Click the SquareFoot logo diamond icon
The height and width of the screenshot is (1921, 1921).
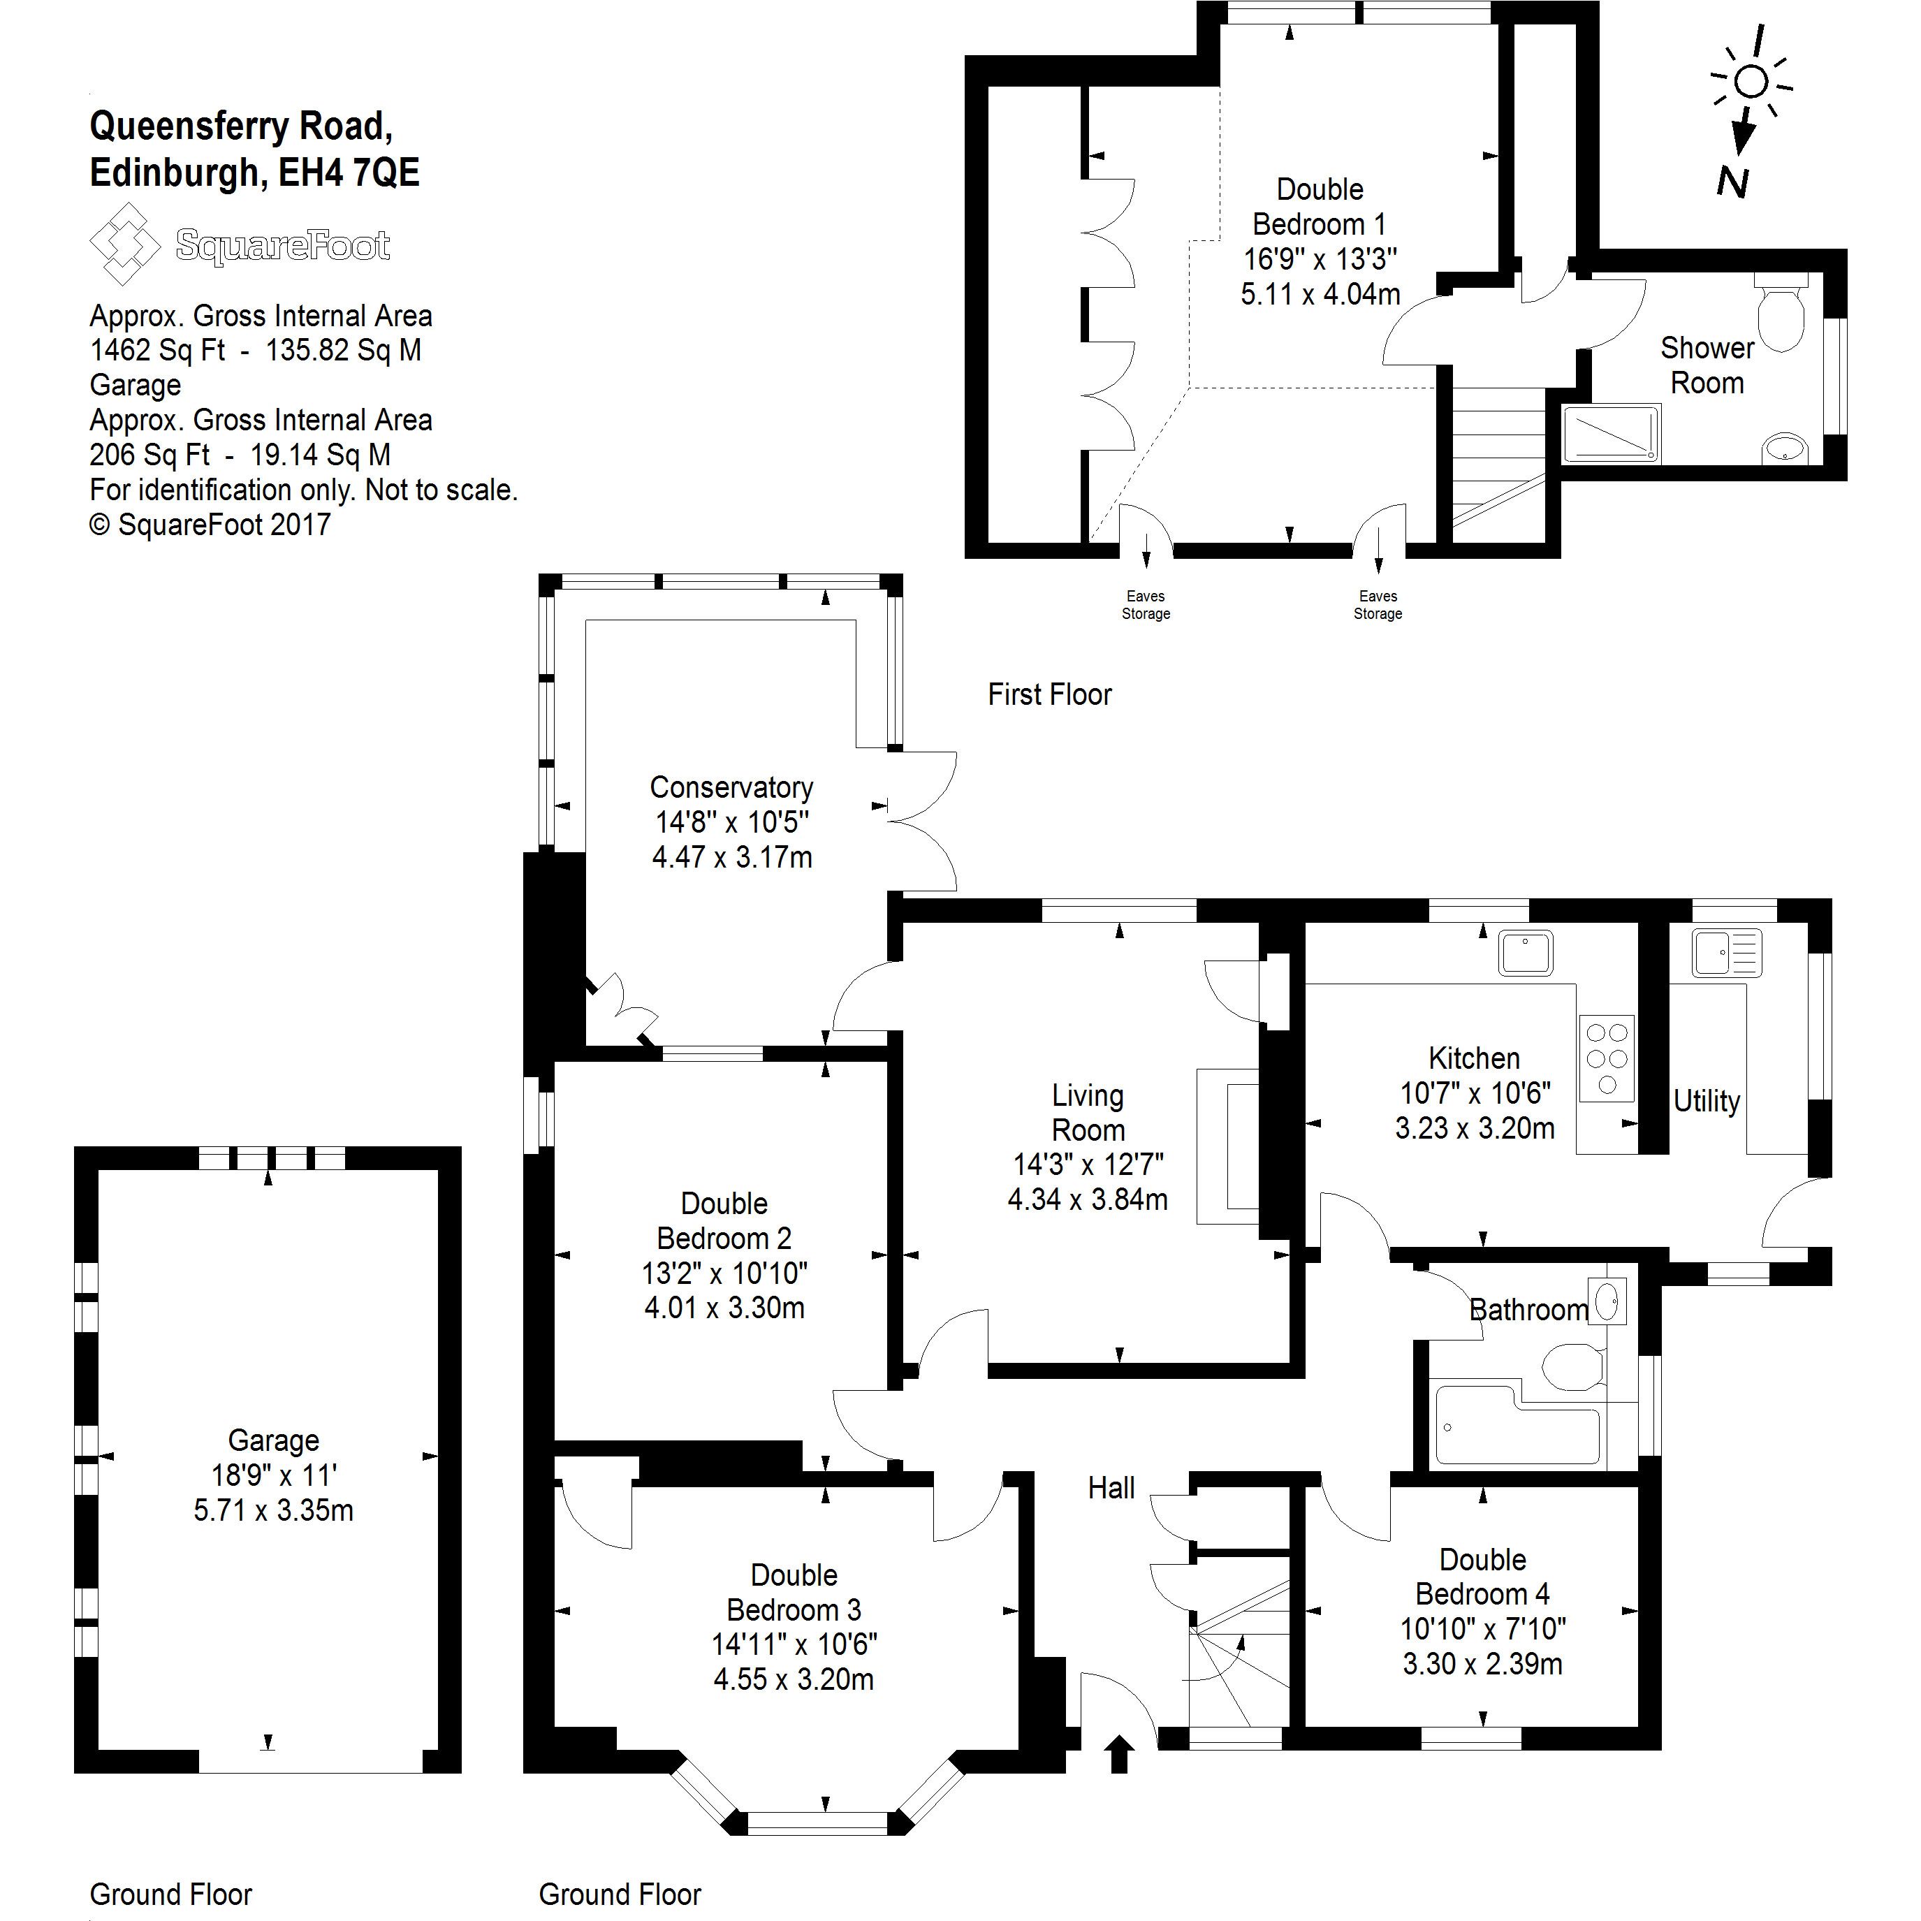pyautogui.click(x=124, y=244)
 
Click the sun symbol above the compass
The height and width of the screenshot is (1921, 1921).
pyautogui.click(x=1753, y=82)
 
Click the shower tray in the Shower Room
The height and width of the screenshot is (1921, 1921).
pyautogui.click(x=1611, y=434)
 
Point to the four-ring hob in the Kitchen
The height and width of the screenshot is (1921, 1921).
pyautogui.click(x=1607, y=1057)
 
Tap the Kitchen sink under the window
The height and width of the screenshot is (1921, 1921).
pyautogui.click(x=1526, y=953)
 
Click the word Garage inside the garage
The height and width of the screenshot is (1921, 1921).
pyautogui.click(x=273, y=1440)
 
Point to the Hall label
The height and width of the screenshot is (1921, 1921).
pyautogui.click(x=1111, y=1489)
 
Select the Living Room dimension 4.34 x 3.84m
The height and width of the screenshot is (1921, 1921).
pyautogui.click(x=1088, y=1200)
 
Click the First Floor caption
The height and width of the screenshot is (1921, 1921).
pyautogui.click(x=1049, y=694)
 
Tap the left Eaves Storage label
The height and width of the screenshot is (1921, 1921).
pyautogui.click(x=1146, y=604)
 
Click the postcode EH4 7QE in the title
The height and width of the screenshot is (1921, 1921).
pyautogui.click(x=349, y=173)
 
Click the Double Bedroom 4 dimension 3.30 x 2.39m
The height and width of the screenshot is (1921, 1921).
pyautogui.click(x=1482, y=1663)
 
